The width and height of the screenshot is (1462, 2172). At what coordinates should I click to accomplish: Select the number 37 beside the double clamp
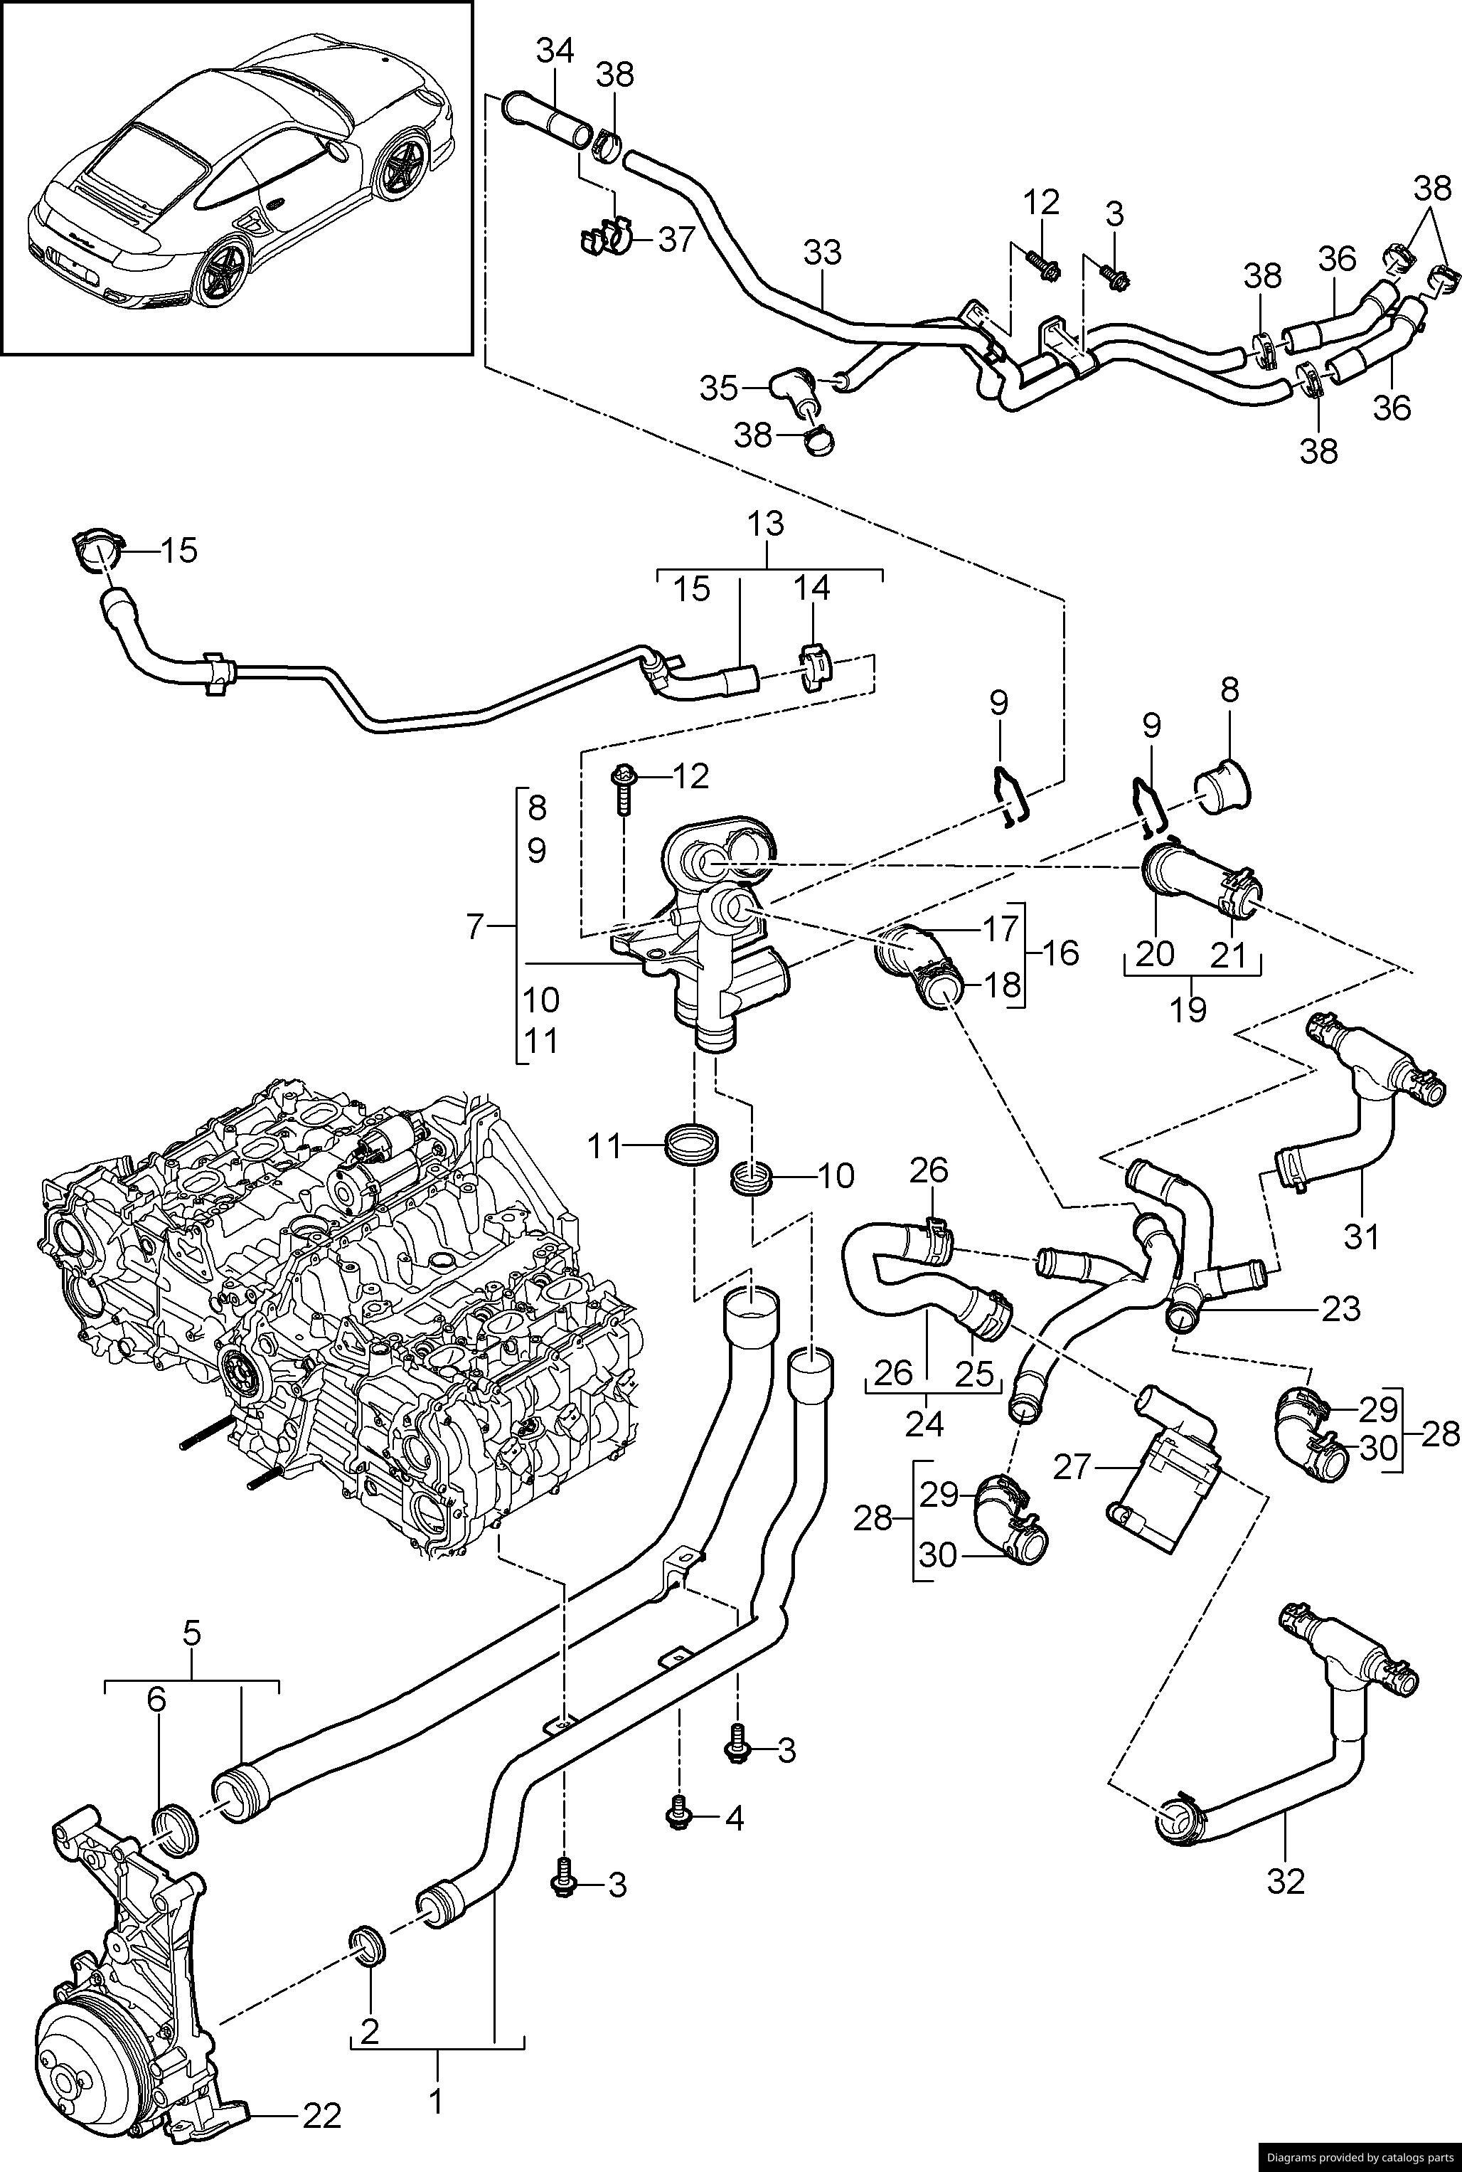[x=677, y=240]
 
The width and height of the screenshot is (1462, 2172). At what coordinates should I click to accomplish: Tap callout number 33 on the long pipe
[x=822, y=253]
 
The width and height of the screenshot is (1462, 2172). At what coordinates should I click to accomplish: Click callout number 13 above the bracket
[x=767, y=524]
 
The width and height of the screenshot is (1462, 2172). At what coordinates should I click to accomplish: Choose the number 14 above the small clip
[x=811, y=588]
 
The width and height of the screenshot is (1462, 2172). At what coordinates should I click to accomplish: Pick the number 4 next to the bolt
[x=735, y=1818]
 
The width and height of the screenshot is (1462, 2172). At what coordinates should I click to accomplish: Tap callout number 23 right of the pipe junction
[x=1341, y=1308]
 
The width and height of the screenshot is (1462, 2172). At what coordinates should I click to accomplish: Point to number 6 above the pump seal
[x=156, y=1699]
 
